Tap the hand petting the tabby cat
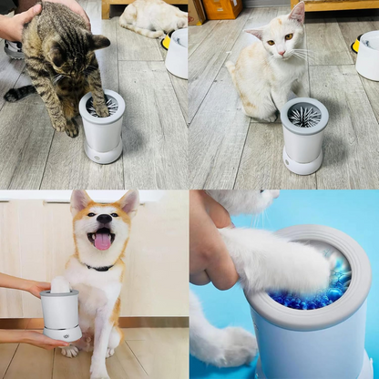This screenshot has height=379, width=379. pos(18,20)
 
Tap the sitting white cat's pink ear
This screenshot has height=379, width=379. pos(296,14)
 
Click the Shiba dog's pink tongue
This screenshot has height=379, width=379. pos(102,241)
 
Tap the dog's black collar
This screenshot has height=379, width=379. pos(97,267)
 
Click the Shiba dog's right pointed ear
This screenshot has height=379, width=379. pos(128,200)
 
